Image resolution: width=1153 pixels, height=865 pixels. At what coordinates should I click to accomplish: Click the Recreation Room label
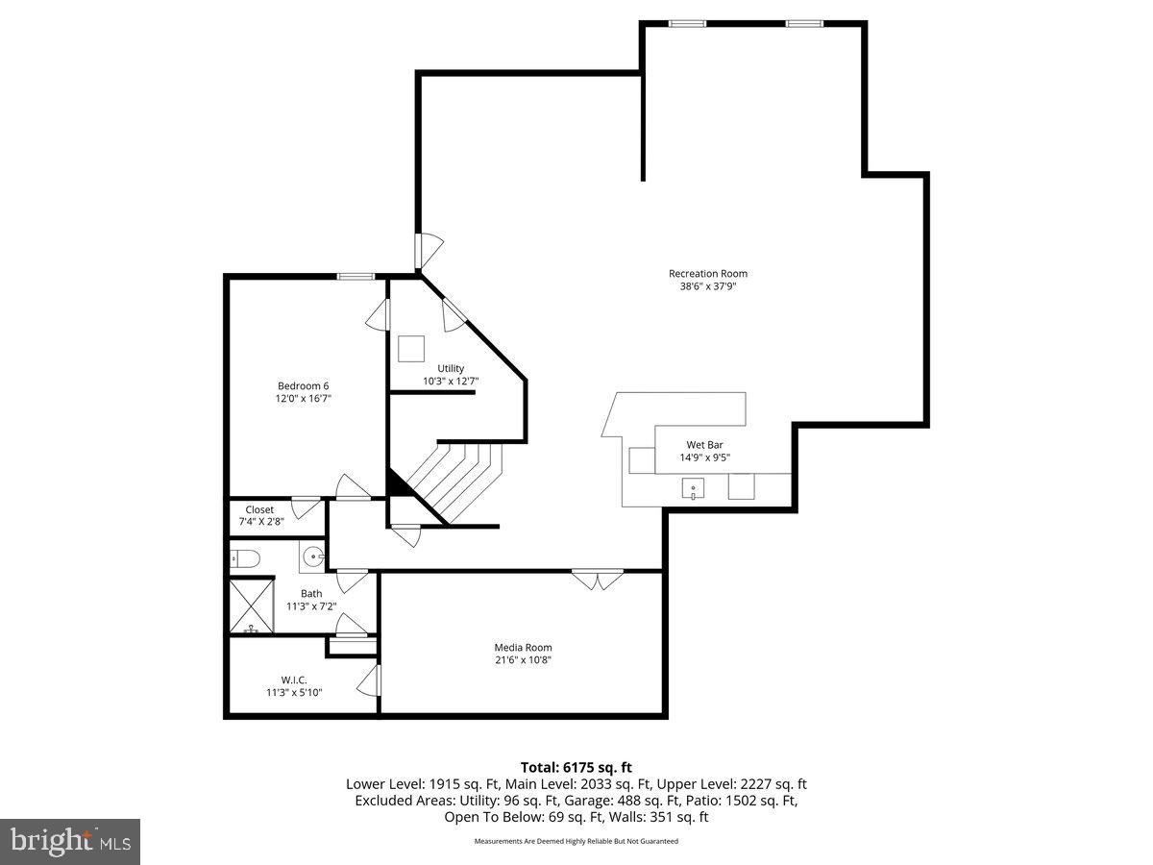click(707, 274)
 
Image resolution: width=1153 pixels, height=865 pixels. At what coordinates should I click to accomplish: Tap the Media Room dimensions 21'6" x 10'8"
click(523, 660)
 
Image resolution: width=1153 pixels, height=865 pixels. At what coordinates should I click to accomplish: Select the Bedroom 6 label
click(297, 385)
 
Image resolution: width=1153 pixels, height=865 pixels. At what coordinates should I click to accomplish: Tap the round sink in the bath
click(314, 556)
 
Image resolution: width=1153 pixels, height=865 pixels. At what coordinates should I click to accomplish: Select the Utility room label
click(451, 368)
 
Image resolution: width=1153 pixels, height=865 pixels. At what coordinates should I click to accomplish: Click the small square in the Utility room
click(411, 348)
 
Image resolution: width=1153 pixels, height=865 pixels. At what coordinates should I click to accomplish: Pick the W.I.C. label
click(293, 680)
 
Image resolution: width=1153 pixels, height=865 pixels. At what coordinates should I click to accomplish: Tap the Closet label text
click(259, 509)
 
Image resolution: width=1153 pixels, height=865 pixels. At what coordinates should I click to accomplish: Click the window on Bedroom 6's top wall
click(356, 277)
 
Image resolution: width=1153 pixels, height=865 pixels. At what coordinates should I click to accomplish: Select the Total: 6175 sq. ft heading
click(576, 767)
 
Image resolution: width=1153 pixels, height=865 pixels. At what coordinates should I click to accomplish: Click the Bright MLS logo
click(70, 842)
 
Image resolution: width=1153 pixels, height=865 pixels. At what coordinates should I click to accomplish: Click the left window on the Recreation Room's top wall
click(687, 23)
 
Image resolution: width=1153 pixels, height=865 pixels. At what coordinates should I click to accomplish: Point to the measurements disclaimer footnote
click(576, 841)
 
